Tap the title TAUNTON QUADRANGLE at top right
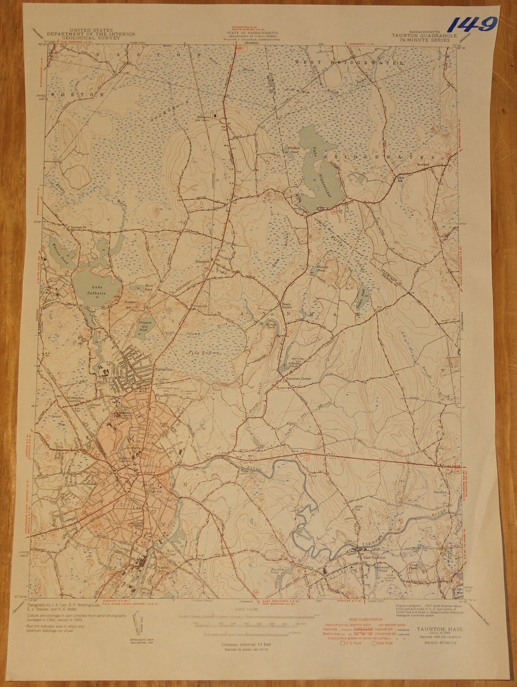pos(425,36)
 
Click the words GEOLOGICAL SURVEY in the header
pos(91,38)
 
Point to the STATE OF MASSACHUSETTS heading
pos(252,33)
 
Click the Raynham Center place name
pos(299,379)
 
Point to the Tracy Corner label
pos(286,306)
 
